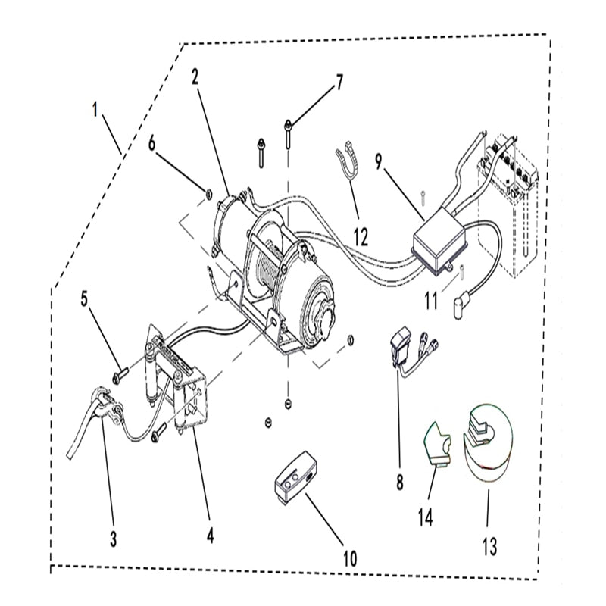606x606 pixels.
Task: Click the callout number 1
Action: coord(95,110)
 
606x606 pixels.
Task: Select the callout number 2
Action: coord(195,76)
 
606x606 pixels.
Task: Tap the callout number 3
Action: coord(113,539)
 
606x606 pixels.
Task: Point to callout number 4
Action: coord(210,536)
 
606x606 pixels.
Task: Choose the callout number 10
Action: coord(349,558)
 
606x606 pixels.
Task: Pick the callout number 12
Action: coord(361,236)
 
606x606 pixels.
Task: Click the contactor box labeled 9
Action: coord(439,243)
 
